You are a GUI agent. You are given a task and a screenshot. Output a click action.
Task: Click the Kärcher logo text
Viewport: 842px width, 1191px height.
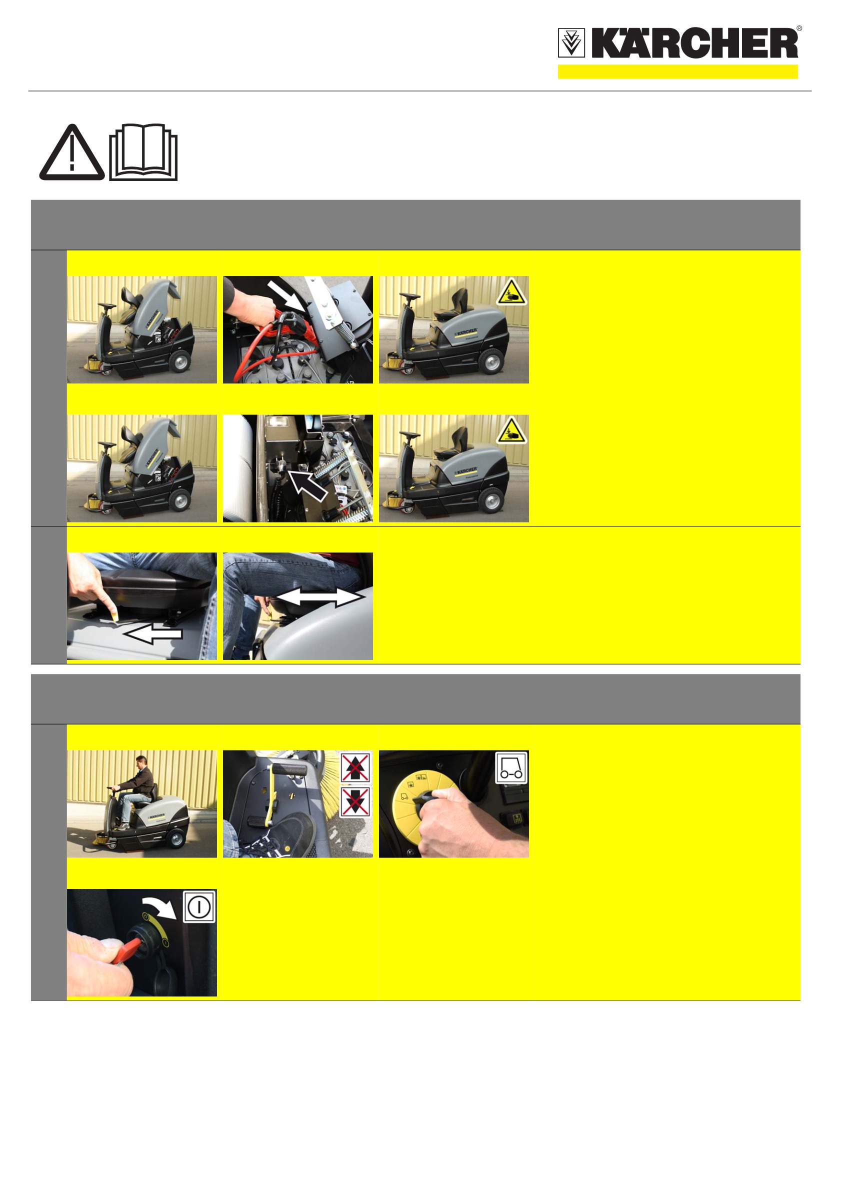click(x=694, y=43)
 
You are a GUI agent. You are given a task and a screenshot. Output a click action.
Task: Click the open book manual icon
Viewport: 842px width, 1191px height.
click(x=143, y=152)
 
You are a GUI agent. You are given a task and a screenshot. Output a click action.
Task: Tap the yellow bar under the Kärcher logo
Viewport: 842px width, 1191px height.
click(x=677, y=71)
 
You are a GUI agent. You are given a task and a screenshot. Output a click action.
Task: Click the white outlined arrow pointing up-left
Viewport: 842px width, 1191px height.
click(x=307, y=484)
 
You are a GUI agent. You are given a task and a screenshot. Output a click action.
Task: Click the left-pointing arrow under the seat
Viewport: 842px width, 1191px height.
click(x=153, y=634)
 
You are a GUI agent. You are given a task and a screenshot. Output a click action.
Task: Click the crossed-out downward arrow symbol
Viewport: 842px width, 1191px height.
click(x=355, y=802)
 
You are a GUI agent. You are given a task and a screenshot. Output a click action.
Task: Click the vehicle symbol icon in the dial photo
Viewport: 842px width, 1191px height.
click(x=511, y=767)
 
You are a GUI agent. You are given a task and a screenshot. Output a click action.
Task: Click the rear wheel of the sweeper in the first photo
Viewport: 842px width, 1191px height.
click(x=179, y=360)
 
